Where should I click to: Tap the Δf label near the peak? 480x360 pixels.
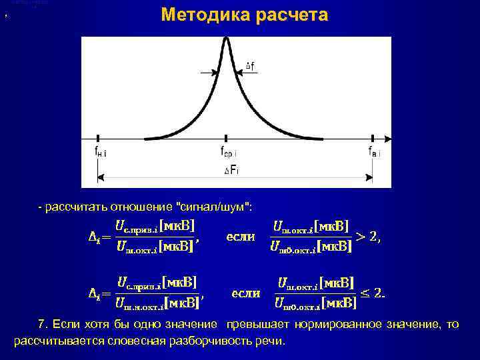point(249,65)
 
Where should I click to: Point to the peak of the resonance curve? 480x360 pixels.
point(226,39)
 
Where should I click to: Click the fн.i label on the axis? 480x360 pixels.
point(100,153)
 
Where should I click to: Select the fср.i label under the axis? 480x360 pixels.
point(228,153)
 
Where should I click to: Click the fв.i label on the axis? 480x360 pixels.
point(375,152)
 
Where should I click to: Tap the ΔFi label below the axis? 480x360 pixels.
point(231,171)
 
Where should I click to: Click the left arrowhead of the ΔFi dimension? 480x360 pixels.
point(101,177)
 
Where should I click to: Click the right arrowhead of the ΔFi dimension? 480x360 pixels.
point(370,177)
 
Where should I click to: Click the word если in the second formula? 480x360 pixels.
point(245,293)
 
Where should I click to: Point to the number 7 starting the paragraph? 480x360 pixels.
point(41,325)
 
